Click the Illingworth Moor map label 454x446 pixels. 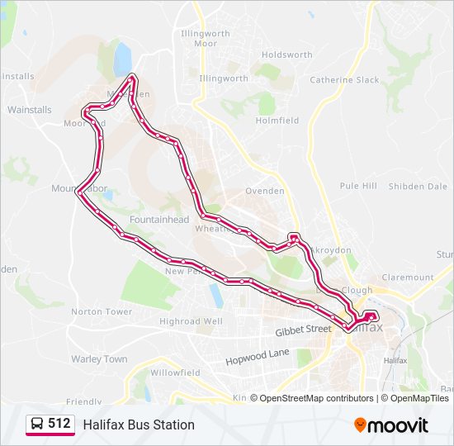coord(199,38)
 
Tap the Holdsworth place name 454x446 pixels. coord(286,55)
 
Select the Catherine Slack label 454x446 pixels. coord(344,80)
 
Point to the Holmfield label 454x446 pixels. coord(277,121)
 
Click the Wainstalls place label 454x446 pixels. coord(29,109)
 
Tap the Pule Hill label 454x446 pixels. coord(358,186)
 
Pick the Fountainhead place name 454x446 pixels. coord(159,220)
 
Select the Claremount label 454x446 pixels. coord(407,278)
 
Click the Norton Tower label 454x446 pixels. coord(102,312)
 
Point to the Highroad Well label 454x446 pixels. coord(191,321)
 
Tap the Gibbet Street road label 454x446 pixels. coord(302,330)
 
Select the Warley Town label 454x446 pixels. coord(99,359)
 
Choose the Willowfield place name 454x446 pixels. coord(175,372)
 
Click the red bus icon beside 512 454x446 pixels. coord(37,425)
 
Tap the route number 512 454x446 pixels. coord(59,424)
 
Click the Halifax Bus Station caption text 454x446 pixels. coord(139,425)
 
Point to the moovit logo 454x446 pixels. coord(391,425)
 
